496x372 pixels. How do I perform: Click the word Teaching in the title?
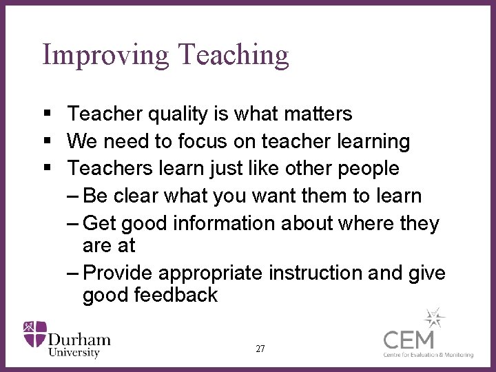(233, 55)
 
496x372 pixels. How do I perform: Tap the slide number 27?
(260, 349)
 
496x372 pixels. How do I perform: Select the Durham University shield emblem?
(35, 334)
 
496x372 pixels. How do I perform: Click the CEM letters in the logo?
(409, 340)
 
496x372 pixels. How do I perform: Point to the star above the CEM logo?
(434, 318)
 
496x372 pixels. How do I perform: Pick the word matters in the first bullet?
(317, 114)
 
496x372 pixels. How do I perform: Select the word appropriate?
(211, 273)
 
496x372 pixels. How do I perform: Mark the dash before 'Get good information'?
(74, 223)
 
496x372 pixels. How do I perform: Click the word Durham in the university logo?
(79, 339)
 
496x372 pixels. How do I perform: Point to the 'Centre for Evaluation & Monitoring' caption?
(428, 355)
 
